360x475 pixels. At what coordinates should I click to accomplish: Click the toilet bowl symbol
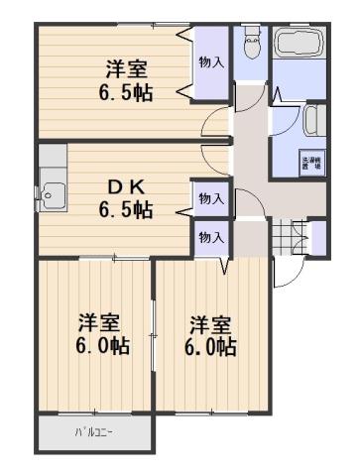tap(249, 45)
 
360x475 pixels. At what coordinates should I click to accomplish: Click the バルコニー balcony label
tap(94, 434)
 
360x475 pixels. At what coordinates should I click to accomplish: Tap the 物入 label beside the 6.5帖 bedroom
tap(211, 62)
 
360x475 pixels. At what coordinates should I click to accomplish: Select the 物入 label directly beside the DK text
tap(210, 198)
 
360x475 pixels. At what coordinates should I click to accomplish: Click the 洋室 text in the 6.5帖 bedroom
tap(127, 70)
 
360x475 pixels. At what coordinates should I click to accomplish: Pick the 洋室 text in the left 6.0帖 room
tap(99, 323)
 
